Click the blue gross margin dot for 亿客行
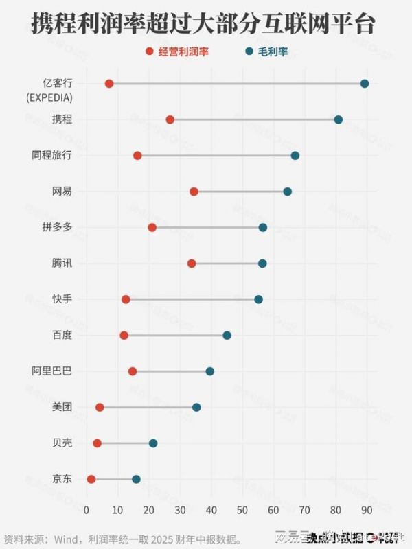(365, 84)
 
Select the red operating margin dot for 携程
(170, 119)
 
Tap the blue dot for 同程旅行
(295, 156)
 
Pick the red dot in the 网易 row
(194, 191)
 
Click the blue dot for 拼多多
(263, 227)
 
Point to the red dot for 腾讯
(192, 264)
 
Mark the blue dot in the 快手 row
(258, 299)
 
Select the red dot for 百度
(124, 336)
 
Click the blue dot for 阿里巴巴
(210, 371)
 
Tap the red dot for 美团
(100, 407)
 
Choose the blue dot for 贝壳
(153, 443)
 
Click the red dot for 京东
(91, 479)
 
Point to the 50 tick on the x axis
(242, 510)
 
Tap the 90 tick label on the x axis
(367, 510)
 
